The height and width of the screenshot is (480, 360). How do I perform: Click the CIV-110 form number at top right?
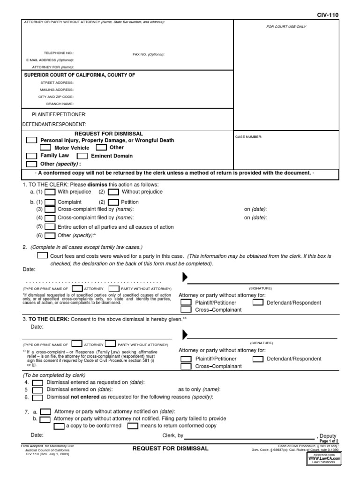coord(327,15)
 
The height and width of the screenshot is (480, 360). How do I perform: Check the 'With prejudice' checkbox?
coord(50,192)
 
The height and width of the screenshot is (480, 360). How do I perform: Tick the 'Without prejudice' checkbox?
coord(113,192)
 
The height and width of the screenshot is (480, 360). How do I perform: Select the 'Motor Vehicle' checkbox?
coord(45,148)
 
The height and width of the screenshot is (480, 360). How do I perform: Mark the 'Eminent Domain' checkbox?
coord(82,156)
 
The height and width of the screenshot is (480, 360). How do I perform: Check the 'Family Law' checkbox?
coord(31,156)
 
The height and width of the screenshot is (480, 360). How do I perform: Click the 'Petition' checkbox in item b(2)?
coord(113,202)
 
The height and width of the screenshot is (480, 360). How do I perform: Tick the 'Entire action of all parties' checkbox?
coord(50,227)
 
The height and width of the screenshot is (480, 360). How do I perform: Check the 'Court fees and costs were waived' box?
coord(42,256)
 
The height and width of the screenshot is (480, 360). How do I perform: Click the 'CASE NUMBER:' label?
coord(248,137)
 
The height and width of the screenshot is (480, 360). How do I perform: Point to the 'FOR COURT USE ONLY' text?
coord(286,27)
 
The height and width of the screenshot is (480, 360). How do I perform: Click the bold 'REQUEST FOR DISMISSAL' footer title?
coord(170,449)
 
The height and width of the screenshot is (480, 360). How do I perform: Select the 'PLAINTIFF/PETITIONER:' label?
coord(59,114)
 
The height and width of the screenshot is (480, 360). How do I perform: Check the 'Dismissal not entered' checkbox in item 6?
coord(37,397)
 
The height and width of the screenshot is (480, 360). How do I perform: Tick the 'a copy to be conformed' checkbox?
coord(59,426)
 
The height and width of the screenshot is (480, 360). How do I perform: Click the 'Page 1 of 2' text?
coord(329,441)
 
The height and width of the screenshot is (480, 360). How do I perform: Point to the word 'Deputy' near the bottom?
coord(328,436)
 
